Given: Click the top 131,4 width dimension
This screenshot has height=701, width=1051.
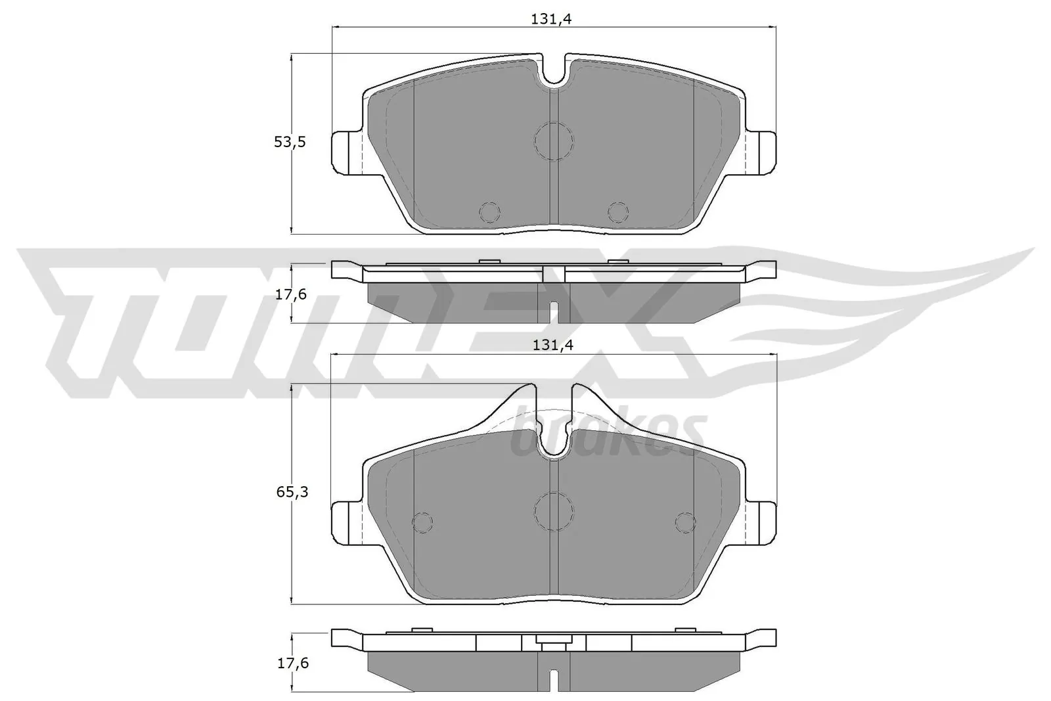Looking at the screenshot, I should tap(552, 20).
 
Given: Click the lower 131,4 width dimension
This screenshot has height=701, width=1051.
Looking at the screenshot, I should tap(552, 346).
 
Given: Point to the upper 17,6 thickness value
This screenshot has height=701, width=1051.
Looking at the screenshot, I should tap(290, 294).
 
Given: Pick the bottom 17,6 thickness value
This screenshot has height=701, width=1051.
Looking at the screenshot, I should tap(290, 664).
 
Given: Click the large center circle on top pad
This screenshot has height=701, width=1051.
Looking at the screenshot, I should tap(554, 141).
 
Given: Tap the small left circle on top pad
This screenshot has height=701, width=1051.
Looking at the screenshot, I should tap(490, 212).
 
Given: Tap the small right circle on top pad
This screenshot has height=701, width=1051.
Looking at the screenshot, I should tap(617, 212).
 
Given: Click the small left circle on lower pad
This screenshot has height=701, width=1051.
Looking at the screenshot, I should tap(422, 522).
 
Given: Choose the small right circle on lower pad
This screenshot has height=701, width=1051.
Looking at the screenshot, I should tap(685, 522).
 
